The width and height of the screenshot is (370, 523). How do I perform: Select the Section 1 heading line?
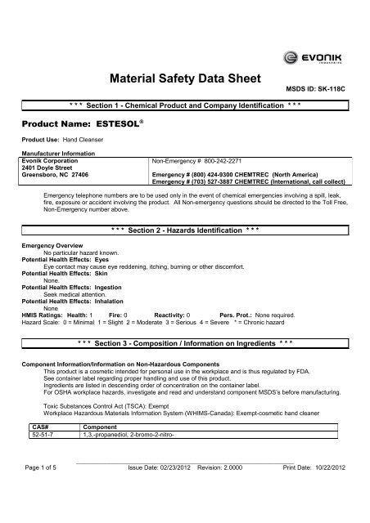pos(185,107)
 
